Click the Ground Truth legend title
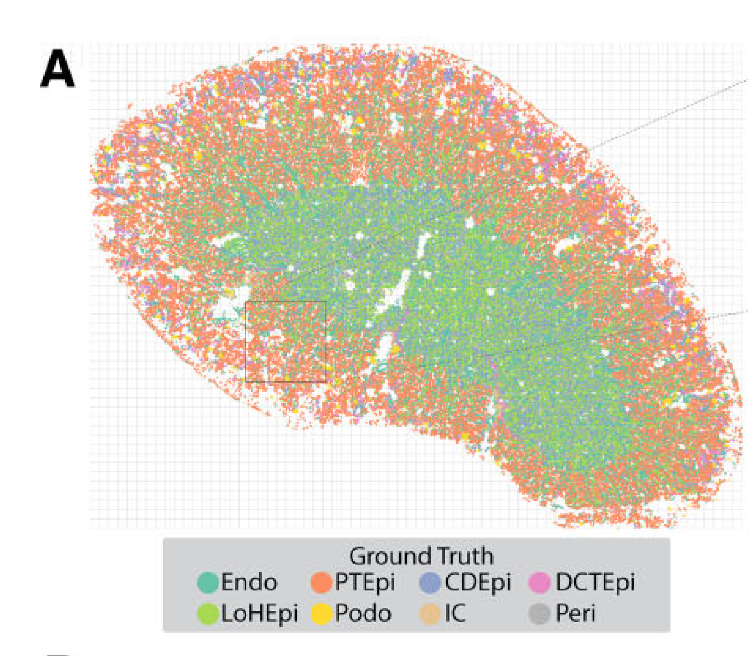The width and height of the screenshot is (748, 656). (x=421, y=557)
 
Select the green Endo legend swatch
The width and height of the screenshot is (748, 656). (x=208, y=583)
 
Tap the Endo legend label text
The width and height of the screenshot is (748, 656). (x=249, y=583)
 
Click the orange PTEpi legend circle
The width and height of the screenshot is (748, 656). (x=322, y=583)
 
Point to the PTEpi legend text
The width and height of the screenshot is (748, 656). (x=365, y=583)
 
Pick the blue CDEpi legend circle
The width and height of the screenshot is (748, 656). (x=430, y=583)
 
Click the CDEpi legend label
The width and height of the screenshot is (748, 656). (x=477, y=583)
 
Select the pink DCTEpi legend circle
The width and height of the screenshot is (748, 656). (x=540, y=583)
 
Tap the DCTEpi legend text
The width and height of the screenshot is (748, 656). (x=595, y=583)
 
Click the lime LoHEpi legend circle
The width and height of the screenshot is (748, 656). (x=208, y=614)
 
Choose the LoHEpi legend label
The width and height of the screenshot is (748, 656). (x=259, y=614)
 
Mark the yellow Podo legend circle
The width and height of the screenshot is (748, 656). (x=322, y=614)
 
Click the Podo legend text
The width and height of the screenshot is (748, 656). (x=363, y=614)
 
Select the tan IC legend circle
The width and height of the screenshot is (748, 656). (x=430, y=614)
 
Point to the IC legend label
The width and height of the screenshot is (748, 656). (x=454, y=614)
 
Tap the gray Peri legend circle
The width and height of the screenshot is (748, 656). (x=540, y=614)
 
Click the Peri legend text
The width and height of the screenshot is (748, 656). (x=575, y=614)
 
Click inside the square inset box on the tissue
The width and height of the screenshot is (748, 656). (x=285, y=341)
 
